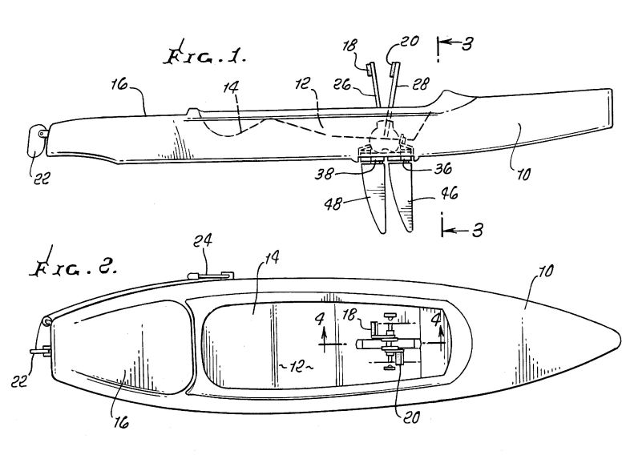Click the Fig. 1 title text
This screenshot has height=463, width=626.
pos(206,56)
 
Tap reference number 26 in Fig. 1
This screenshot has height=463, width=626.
pos(342,84)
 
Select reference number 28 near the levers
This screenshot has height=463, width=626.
pos(420,84)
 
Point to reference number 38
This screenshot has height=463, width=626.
pos(323,175)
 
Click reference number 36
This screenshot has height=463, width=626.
pos(443,169)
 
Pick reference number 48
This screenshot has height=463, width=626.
pos(333,204)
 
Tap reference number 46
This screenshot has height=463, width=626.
pos(449,194)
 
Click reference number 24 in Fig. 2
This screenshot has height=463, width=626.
pos(203,240)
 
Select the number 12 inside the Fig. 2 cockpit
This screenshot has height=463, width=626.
pos(296,366)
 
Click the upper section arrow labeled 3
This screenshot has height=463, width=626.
pos(455,43)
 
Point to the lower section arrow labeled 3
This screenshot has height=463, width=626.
pos(462,230)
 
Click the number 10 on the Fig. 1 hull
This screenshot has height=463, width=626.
pos(523,174)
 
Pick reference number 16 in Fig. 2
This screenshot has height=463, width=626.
pos(121,422)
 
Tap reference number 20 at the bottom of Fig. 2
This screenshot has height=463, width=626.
pos(410,417)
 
